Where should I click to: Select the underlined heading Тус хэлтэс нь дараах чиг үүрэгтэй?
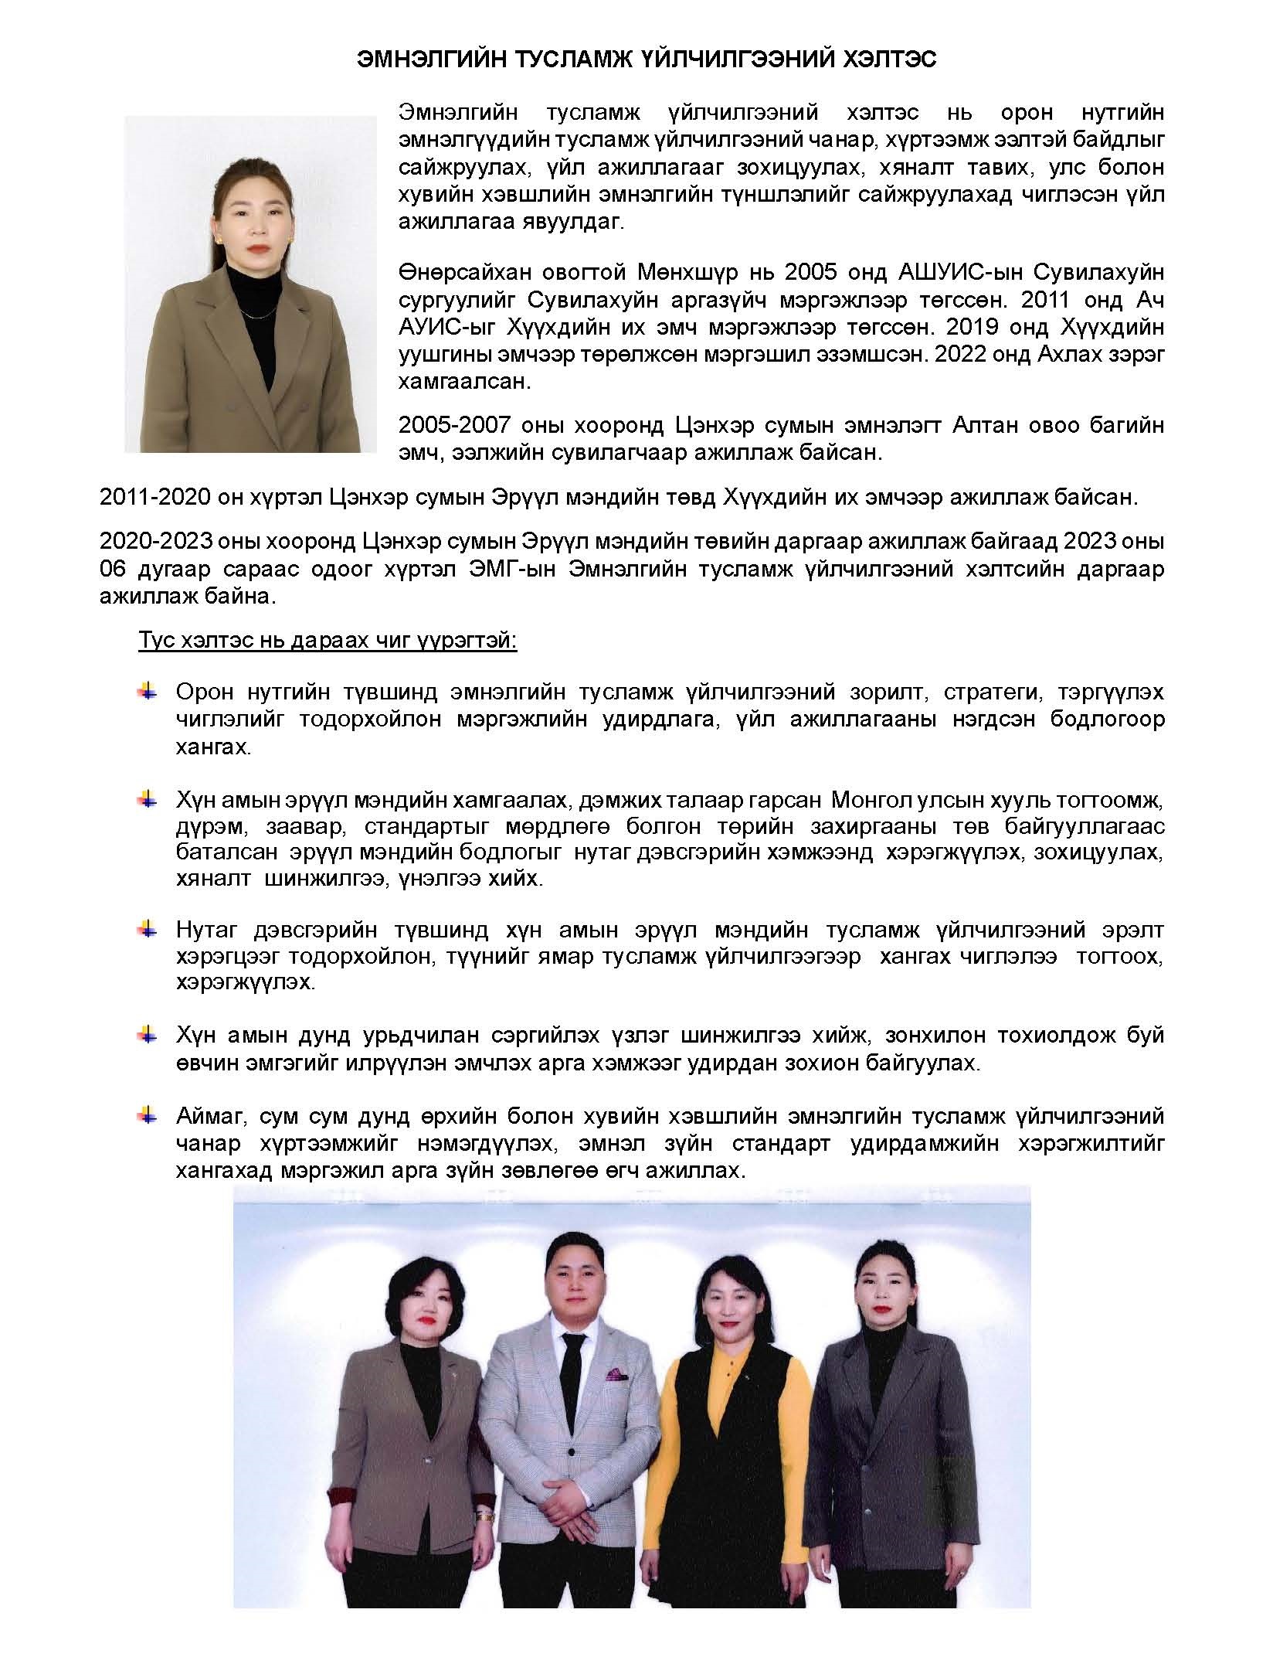coord(328,641)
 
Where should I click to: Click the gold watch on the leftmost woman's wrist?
coord(485,1535)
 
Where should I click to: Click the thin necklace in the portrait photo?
coord(256,313)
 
